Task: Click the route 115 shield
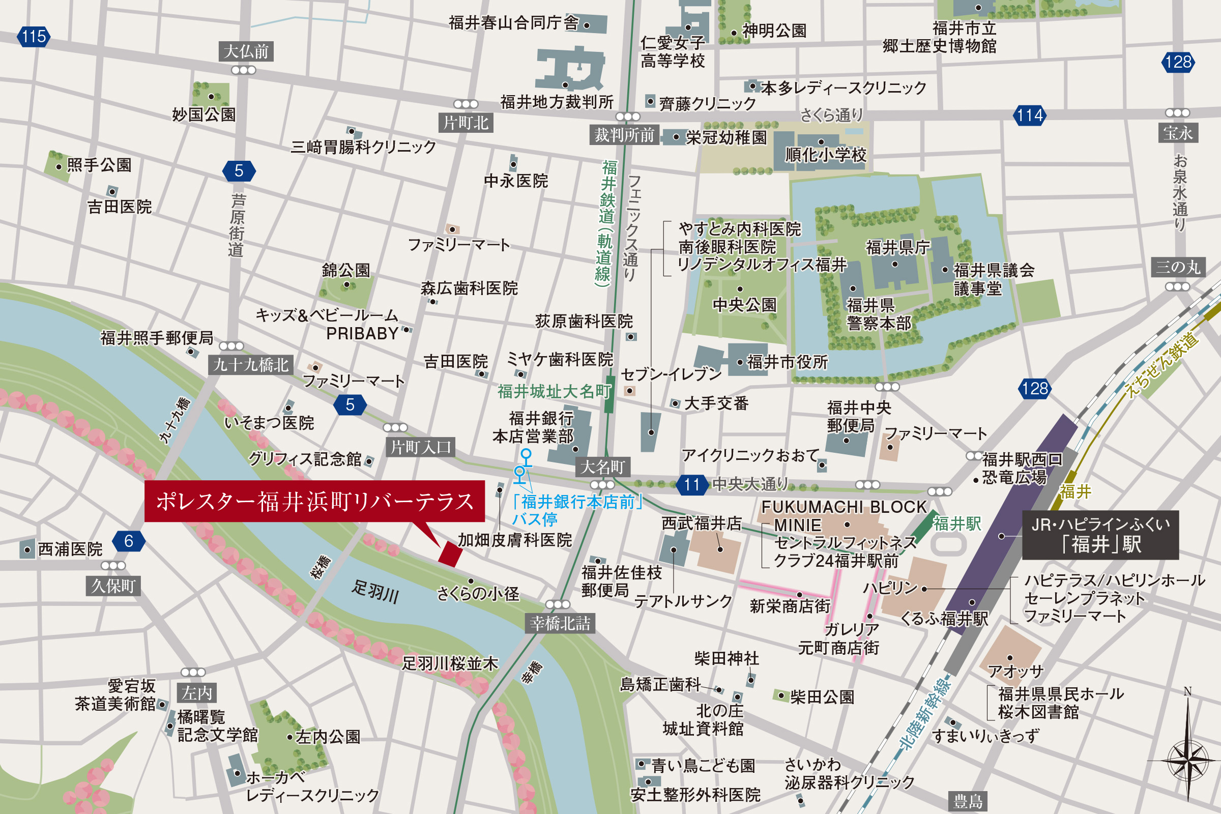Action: pyautogui.click(x=34, y=37)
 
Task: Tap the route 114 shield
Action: pyautogui.click(x=1029, y=115)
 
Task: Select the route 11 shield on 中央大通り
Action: pyautogui.click(x=691, y=485)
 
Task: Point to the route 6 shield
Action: pyautogui.click(x=129, y=541)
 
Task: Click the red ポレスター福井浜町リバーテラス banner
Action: pyautogui.click(x=314, y=501)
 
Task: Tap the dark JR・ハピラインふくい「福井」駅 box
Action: pyautogui.click(x=1100, y=535)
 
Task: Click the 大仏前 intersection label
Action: pyautogui.click(x=246, y=51)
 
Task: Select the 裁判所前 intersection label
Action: pyautogui.click(x=624, y=135)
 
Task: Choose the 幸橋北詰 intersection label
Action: pyautogui.click(x=560, y=623)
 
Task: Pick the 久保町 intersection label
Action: pyautogui.click(x=113, y=586)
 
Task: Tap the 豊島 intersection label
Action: pyautogui.click(x=968, y=801)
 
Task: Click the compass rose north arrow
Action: pyautogui.click(x=1187, y=747)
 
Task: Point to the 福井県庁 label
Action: pyautogui.click(x=897, y=247)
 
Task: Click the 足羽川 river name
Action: pyautogui.click(x=375, y=591)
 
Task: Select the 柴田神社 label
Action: pyautogui.click(x=726, y=658)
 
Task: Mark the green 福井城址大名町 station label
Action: pyautogui.click(x=554, y=391)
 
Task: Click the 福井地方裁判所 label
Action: pyautogui.click(x=557, y=102)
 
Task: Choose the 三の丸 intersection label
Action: pyautogui.click(x=1178, y=268)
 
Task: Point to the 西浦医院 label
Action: pyautogui.click(x=70, y=549)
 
